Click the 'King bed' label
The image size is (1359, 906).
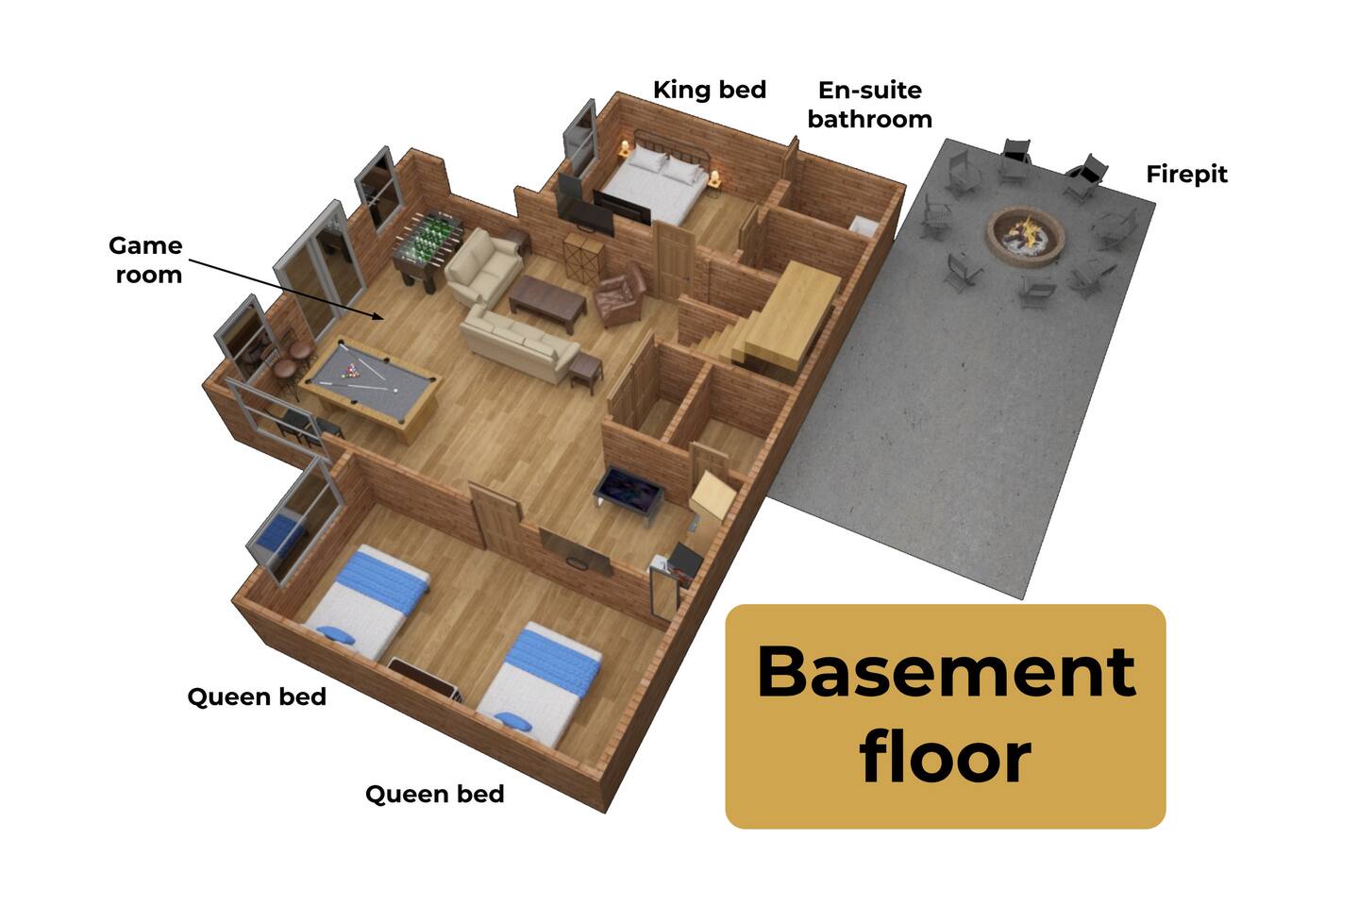tap(710, 90)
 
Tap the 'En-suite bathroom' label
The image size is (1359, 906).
tap(869, 105)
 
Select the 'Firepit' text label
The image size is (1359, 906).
tap(1186, 175)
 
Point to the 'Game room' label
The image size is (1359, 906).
tap(145, 260)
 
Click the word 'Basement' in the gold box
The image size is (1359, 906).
tap(946, 672)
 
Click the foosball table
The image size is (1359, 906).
tap(427, 248)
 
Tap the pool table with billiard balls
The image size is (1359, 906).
tap(370, 385)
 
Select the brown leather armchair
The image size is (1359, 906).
tap(619, 294)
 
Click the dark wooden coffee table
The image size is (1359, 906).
tap(547, 303)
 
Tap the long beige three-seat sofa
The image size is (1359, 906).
tap(518, 344)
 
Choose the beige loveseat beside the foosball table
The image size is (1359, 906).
tap(483, 268)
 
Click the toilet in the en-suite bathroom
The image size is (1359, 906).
tap(864, 226)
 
